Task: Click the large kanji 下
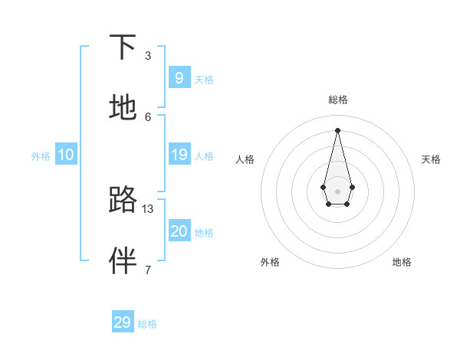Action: pyautogui.click(x=123, y=47)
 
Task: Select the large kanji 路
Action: pyautogui.click(x=123, y=199)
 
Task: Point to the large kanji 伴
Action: pyautogui.click(x=123, y=260)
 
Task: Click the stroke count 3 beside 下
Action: pyautogui.click(x=147, y=56)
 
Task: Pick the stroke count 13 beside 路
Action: pyautogui.click(x=148, y=208)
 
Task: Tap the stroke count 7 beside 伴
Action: pyautogui.click(x=147, y=270)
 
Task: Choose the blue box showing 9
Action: pyautogui.click(x=179, y=77)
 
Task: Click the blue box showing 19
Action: pyautogui.click(x=179, y=155)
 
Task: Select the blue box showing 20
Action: pyautogui.click(x=179, y=231)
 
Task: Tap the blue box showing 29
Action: pyautogui.click(x=122, y=322)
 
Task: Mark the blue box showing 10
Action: pyautogui.click(x=65, y=155)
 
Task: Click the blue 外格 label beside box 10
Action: pyautogui.click(x=41, y=156)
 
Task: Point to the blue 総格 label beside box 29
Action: pyautogui.click(x=147, y=324)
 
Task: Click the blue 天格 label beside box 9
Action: pyautogui.click(x=204, y=80)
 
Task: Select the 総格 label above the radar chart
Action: pyautogui.click(x=338, y=100)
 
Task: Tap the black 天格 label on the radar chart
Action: pyautogui.click(x=432, y=159)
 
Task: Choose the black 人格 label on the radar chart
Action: pyautogui.click(x=245, y=159)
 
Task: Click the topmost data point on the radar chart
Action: pyautogui.click(x=337, y=129)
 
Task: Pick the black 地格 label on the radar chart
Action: pyautogui.click(x=402, y=262)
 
